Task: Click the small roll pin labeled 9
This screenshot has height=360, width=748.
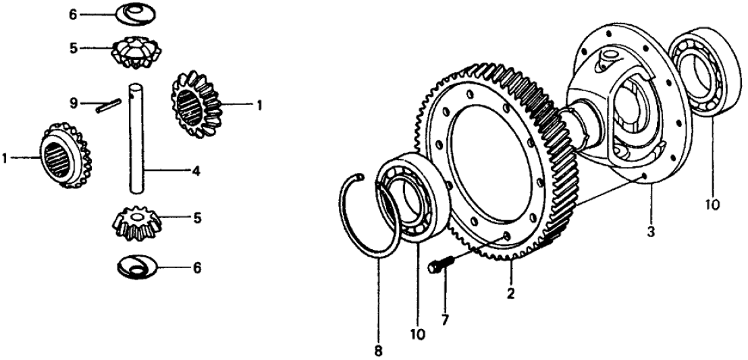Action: [x=108, y=105]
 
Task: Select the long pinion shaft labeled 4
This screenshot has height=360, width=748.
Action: [x=136, y=138]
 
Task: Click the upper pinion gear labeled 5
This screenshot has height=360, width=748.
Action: [x=136, y=51]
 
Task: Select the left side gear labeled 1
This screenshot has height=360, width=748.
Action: [x=64, y=155]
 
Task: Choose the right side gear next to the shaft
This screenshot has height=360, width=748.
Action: [x=196, y=104]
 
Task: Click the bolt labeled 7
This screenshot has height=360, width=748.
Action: [x=442, y=265]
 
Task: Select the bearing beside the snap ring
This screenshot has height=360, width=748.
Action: [x=412, y=193]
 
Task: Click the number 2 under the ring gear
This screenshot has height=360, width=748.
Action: [x=510, y=294]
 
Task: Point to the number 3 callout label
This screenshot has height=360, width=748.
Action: [x=651, y=232]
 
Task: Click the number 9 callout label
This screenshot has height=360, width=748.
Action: [x=74, y=103]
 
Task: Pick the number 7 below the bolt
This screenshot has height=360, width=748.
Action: [x=444, y=320]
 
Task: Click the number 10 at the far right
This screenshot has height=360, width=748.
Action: [x=711, y=205]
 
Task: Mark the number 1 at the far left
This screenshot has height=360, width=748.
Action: [x=5, y=157]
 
